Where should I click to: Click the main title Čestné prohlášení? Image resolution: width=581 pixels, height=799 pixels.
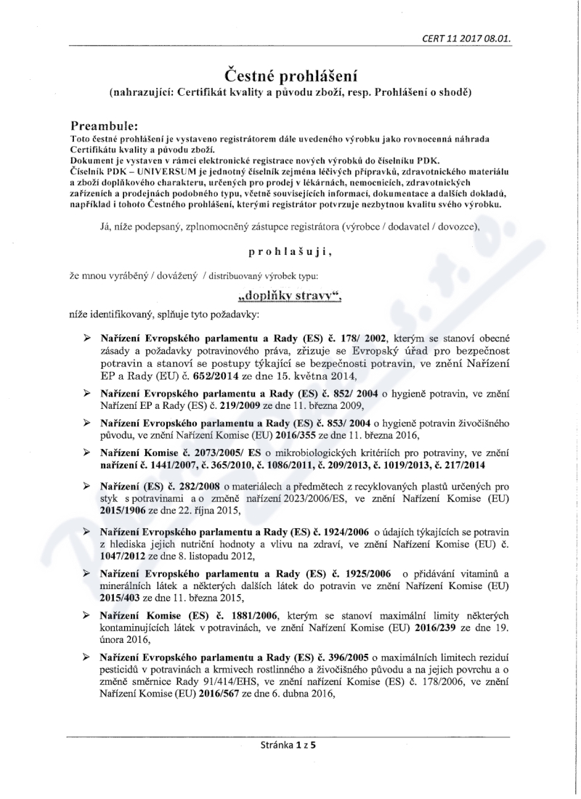pos(290,74)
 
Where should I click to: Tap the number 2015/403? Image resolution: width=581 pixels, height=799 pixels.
pos(121,598)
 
